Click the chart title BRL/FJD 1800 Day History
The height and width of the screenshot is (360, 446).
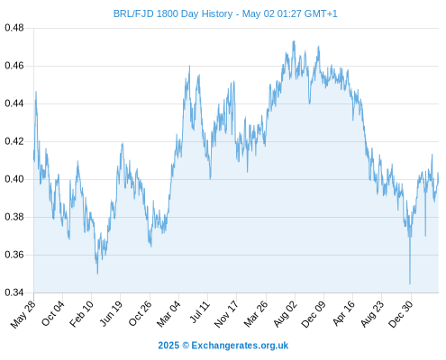(173, 13)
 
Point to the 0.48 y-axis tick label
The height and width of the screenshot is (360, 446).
(14, 28)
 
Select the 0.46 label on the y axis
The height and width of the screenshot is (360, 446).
(14, 66)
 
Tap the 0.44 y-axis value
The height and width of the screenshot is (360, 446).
(14, 103)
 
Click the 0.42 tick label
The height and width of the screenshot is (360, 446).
(14, 141)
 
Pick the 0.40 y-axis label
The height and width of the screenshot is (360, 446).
(14, 179)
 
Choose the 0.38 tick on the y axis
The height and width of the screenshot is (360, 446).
(14, 217)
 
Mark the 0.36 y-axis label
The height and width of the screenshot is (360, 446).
(14, 255)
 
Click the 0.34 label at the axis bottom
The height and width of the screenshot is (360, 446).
(14, 292)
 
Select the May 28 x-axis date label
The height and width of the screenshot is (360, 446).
(23, 314)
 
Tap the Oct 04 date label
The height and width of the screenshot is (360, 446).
(53, 313)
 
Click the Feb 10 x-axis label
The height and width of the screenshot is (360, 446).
(81, 314)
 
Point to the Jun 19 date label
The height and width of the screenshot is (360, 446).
(111, 313)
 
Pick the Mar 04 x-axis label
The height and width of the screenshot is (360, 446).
(168, 314)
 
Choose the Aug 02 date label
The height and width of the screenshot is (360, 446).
(285, 314)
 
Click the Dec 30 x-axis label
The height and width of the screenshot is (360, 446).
(401, 314)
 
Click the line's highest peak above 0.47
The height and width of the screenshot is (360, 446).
(294, 41)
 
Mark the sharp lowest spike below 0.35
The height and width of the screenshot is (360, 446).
(410, 283)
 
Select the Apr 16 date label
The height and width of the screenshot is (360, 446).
(344, 313)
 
